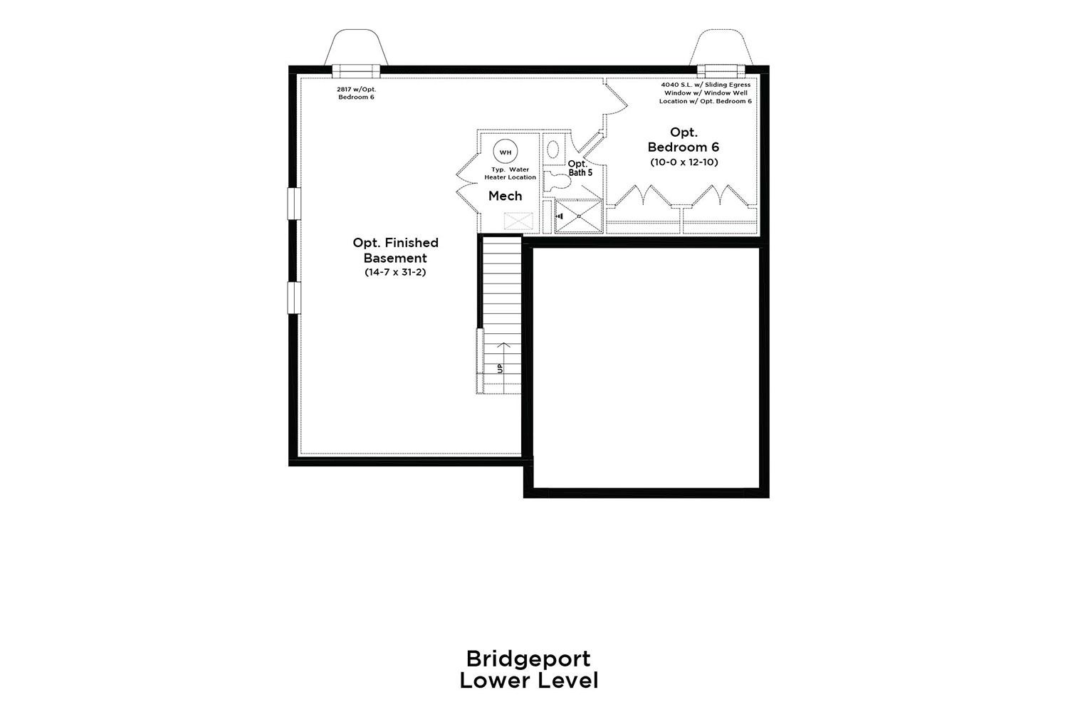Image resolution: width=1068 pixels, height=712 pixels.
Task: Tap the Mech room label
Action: pyautogui.click(x=506, y=196)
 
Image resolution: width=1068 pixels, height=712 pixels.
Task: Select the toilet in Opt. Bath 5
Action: pyautogui.click(x=557, y=182)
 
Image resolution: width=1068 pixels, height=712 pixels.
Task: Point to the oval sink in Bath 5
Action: pyautogui.click(x=553, y=150)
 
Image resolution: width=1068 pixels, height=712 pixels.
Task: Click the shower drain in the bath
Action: pyautogui.click(x=579, y=216)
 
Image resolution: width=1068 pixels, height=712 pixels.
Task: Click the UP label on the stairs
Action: pyautogui.click(x=500, y=368)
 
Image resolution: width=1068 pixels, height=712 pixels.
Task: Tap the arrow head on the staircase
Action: pyautogui.click(x=503, y=345)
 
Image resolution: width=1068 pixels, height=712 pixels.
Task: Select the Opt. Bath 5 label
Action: pyautogui.click(x=580, y=168)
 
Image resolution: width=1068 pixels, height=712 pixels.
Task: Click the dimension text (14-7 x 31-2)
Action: pyautogui.click(x=395, y=272)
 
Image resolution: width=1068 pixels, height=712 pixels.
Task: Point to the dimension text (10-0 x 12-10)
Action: pyautogui.click(x=684, y=162)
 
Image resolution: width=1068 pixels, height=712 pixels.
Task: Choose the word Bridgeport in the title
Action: pyautogui.click(x=528, y=659)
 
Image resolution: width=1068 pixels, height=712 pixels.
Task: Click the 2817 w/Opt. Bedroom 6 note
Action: pyautogui.click(x=357, y=93)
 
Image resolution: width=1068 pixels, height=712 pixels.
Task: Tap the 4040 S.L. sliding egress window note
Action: pyautogui.click(x=706, y=93)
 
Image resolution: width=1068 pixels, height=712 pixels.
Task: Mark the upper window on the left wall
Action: pyautogui.click(x=294, y=204)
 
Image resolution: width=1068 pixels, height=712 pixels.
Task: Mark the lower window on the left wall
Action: pyautogui.click(x=294, y=298)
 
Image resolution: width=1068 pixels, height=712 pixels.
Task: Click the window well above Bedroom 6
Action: pyautogui.click(x=721, y=47)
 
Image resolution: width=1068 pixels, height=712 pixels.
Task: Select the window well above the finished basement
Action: pyautogui.click(x=356, y=47)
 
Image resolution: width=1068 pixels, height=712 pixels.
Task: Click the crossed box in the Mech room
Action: pyautogui.click(x=518, y=221)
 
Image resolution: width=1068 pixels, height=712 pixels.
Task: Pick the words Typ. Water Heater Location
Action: pyautogui.click(x=511, y=173)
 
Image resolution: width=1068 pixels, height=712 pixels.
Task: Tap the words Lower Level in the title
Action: pyautogui.click(x=529, y=681)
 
